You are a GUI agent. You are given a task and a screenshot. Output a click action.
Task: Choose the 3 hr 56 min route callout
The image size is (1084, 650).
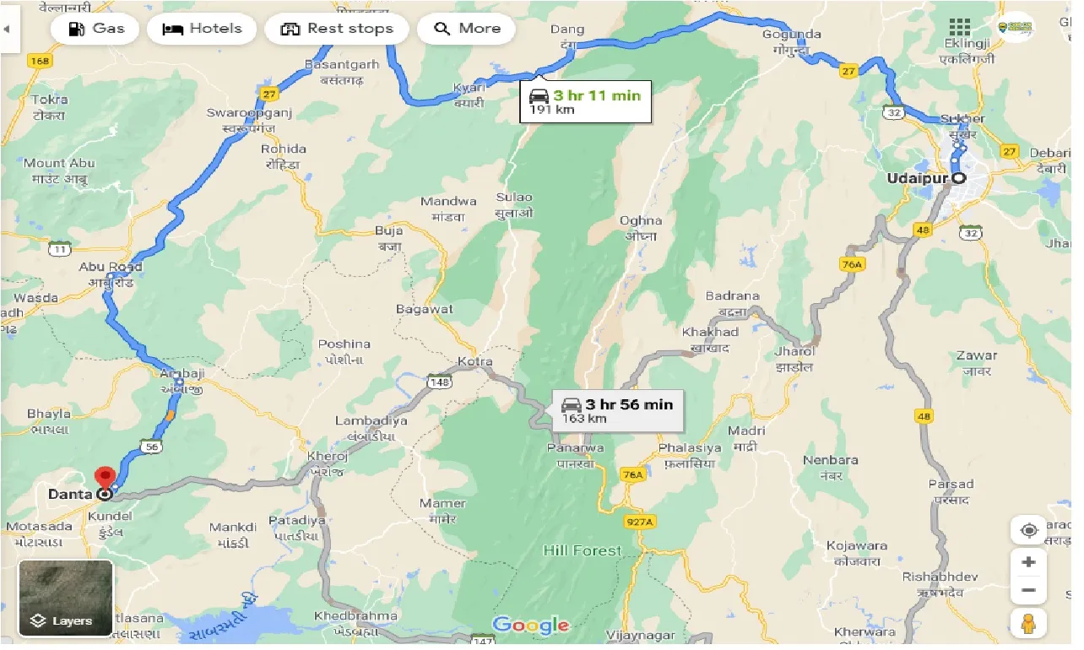click(x=618, y=410)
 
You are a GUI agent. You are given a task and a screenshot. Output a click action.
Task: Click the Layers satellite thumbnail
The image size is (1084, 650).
click(x=66, y=598)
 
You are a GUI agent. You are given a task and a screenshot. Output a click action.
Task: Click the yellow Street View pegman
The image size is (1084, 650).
click(x=1028, y=623)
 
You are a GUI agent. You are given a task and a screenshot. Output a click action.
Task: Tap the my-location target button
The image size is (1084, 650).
click(x=1028, y=531)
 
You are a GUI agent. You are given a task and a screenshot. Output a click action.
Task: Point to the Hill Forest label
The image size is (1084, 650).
click(x=583, y=551)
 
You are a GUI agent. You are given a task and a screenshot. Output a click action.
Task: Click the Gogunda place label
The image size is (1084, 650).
click(x=791, y=35)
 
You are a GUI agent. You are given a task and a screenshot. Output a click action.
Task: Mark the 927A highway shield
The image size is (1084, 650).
click(x=641, y=522)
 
